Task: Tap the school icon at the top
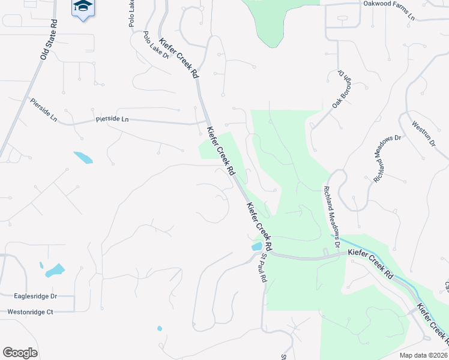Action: [83, 7]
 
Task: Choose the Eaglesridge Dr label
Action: [35, 296]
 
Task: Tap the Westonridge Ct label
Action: [30, 312]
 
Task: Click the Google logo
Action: [20, 353]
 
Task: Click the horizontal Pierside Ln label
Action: [112, 119]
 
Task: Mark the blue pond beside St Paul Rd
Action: [256, 247]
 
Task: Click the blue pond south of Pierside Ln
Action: [83, 158]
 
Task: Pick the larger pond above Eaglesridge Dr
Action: [55, 270]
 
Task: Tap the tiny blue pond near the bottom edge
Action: [159, 328]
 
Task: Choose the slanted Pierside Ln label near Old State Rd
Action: [43, 110]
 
